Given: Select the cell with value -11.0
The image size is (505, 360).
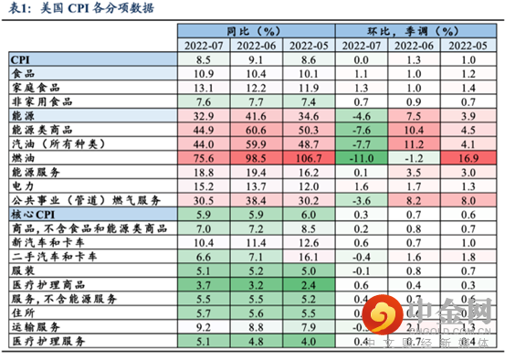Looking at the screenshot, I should click(363, 157).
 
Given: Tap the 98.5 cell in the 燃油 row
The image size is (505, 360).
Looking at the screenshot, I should click(257, 157).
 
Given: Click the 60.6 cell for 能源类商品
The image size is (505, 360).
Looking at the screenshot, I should click(257, 129).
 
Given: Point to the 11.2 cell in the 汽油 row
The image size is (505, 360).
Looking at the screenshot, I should click(415, 143).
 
